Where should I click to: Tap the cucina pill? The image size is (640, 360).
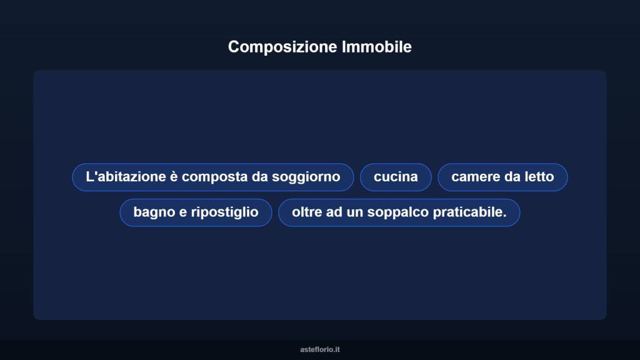(396, 177)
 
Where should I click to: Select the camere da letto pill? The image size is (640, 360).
(502, 177)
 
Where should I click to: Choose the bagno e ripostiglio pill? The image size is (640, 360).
(196, 212)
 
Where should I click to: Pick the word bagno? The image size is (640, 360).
(154, 212)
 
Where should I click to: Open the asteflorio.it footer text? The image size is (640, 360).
(320, 349)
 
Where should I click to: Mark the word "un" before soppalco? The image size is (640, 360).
(355, 212)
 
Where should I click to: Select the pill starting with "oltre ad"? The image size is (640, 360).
(399, 212)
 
